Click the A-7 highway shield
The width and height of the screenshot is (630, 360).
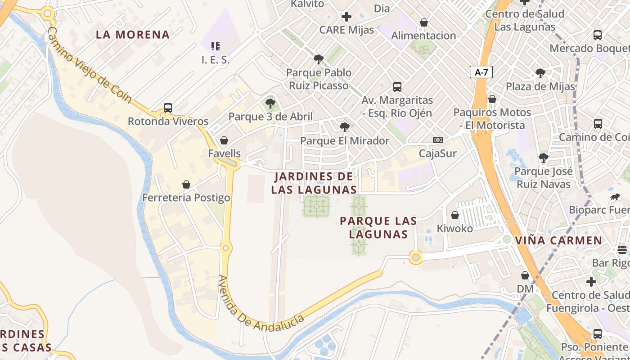pos(481,72)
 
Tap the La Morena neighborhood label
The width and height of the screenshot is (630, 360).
pos(133,35)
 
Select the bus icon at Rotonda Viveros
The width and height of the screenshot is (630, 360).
pos(168,108)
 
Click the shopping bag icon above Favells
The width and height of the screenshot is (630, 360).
pos(224,140)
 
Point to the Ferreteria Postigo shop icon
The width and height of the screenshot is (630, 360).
pos(186,184)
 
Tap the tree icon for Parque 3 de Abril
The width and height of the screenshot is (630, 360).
pos(270,103)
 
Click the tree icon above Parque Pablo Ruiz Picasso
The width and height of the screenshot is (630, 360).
pos(319,59)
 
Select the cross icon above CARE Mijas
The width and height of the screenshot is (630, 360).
pos(346,17)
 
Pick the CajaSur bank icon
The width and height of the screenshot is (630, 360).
pos(437,140)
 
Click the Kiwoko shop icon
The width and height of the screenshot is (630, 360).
pos(455,215)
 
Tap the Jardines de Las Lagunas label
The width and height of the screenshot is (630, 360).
pos(314,183)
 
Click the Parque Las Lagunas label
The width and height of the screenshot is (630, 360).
pos(378,227)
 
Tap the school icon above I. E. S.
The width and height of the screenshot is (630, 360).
pos(216,46)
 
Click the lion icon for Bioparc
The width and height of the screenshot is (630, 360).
pos(615,197)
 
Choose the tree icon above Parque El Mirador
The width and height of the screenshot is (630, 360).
pos(345,127)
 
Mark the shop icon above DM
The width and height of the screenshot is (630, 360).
pos(525,275)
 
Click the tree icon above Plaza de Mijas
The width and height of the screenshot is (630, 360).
pos(540,73)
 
